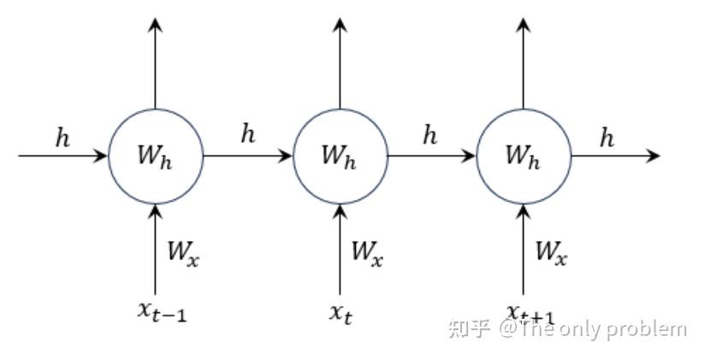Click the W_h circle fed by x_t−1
155,156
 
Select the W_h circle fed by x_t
340,156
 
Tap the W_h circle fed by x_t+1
523,156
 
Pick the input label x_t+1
528,312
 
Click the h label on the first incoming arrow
62,138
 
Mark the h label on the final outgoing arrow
607,138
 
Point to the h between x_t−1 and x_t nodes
248,135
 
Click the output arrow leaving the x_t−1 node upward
155,64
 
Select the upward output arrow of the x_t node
340,64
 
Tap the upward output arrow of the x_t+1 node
523,64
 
